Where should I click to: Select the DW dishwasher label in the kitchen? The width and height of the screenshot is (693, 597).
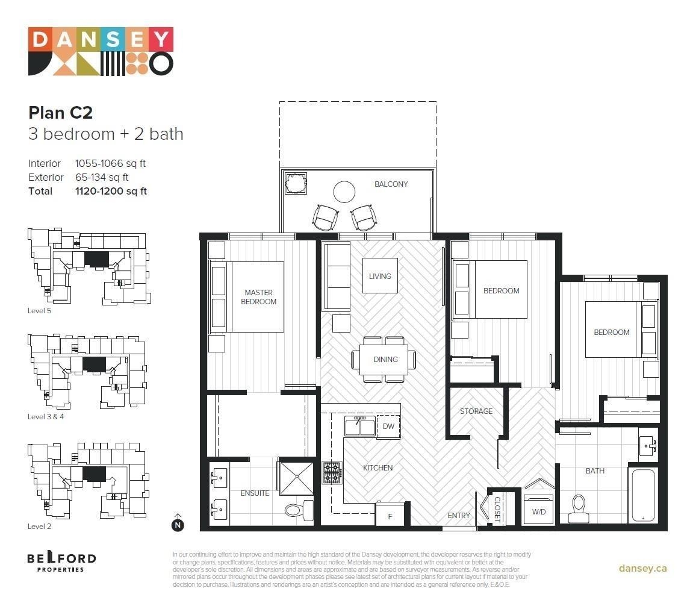click(x=388, y=427)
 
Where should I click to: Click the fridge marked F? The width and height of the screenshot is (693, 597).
click(x=390, y=516)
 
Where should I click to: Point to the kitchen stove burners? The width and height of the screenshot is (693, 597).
click(x=332, y=473)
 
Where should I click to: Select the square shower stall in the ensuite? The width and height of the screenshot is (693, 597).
click(x=297, y=479)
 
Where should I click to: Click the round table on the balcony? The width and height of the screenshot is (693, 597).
click(x=345, y=192)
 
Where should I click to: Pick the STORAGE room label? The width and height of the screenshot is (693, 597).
click(x=476, y=411)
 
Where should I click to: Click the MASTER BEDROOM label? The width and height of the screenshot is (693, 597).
click(x=258, y=297)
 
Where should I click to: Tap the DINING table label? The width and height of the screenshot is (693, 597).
click(x=385, y=360)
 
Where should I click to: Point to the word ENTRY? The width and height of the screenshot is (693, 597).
click(x=459, y=516)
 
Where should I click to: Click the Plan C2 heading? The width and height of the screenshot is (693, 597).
click(x=60, y=113)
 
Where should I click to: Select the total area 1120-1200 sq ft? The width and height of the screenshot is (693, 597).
click(x=111, y=192)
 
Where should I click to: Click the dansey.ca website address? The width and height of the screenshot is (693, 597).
click(x=642, y=568)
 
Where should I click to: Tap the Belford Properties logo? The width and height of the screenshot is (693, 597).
click(x=61, y=561)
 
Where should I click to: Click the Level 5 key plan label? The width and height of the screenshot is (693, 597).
click(x=40, y=311)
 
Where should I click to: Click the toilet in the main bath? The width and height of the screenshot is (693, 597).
click(x=579, y=508)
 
